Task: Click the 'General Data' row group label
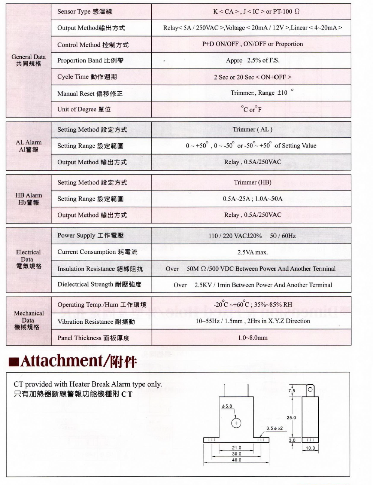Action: [x=28, y=60]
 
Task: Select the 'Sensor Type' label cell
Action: [x=85, y=12]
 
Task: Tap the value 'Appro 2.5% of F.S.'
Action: [x=252, y=60]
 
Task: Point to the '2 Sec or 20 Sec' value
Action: [x=252, y=77]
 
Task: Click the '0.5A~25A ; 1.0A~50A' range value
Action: [x=252, y=199]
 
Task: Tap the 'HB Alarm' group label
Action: [x=28, y=199]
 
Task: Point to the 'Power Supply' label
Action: [x=90, y=235]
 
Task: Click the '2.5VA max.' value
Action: [x=252, y=252]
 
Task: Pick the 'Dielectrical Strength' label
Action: [x=99, y=284]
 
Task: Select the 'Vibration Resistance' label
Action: [x=96, y=321]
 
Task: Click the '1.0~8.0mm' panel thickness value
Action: [x=252, y=338]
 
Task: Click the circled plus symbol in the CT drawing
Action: [x=236, y=423]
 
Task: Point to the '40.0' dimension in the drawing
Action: [x=237, y=460]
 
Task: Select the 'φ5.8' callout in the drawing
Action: [x=227, y=406]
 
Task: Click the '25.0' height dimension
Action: [x=291, y=418]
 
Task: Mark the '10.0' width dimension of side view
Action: [x=310, y=448]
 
